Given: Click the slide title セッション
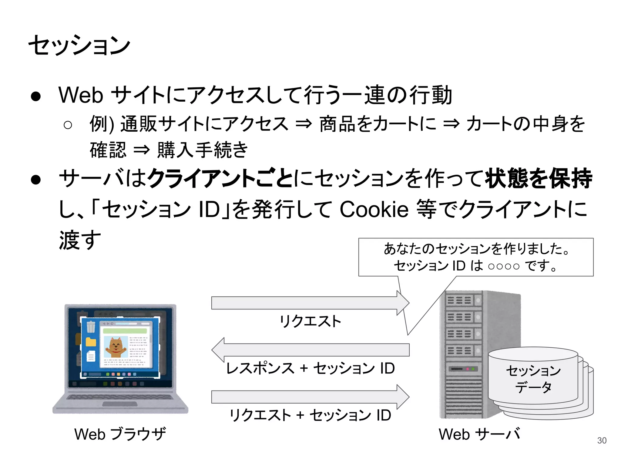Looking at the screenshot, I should point(79,46).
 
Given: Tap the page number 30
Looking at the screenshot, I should point(602,440).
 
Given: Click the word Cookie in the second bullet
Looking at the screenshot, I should point(374,209).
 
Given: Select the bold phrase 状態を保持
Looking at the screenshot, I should point(538,178).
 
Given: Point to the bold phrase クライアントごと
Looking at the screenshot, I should point(220,178).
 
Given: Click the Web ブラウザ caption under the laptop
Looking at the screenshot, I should point(120,434).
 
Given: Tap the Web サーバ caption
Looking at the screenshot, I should point(479,434).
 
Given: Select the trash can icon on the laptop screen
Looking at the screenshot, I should point(91,327).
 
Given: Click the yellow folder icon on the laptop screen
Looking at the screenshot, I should point(91,342).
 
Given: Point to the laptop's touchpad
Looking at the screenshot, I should point(120,404).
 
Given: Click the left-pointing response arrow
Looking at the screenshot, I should point(310,350).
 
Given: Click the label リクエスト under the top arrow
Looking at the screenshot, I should point(310,321).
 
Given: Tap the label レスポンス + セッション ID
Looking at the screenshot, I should point(310,368).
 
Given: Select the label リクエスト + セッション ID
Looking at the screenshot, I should point(310,415).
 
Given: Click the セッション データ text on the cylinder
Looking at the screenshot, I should point(533,379).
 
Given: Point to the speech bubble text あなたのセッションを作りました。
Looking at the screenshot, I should point(476,249).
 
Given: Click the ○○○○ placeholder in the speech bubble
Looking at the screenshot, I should point(503,266).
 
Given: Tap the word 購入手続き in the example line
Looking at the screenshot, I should point(203,150).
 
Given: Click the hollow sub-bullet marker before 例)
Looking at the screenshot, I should point(68,125).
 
